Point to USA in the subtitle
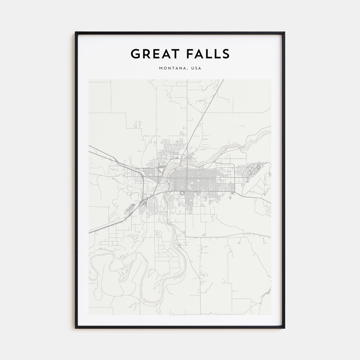click(x=196, y=68)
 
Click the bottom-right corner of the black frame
click(x=284, y=328)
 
